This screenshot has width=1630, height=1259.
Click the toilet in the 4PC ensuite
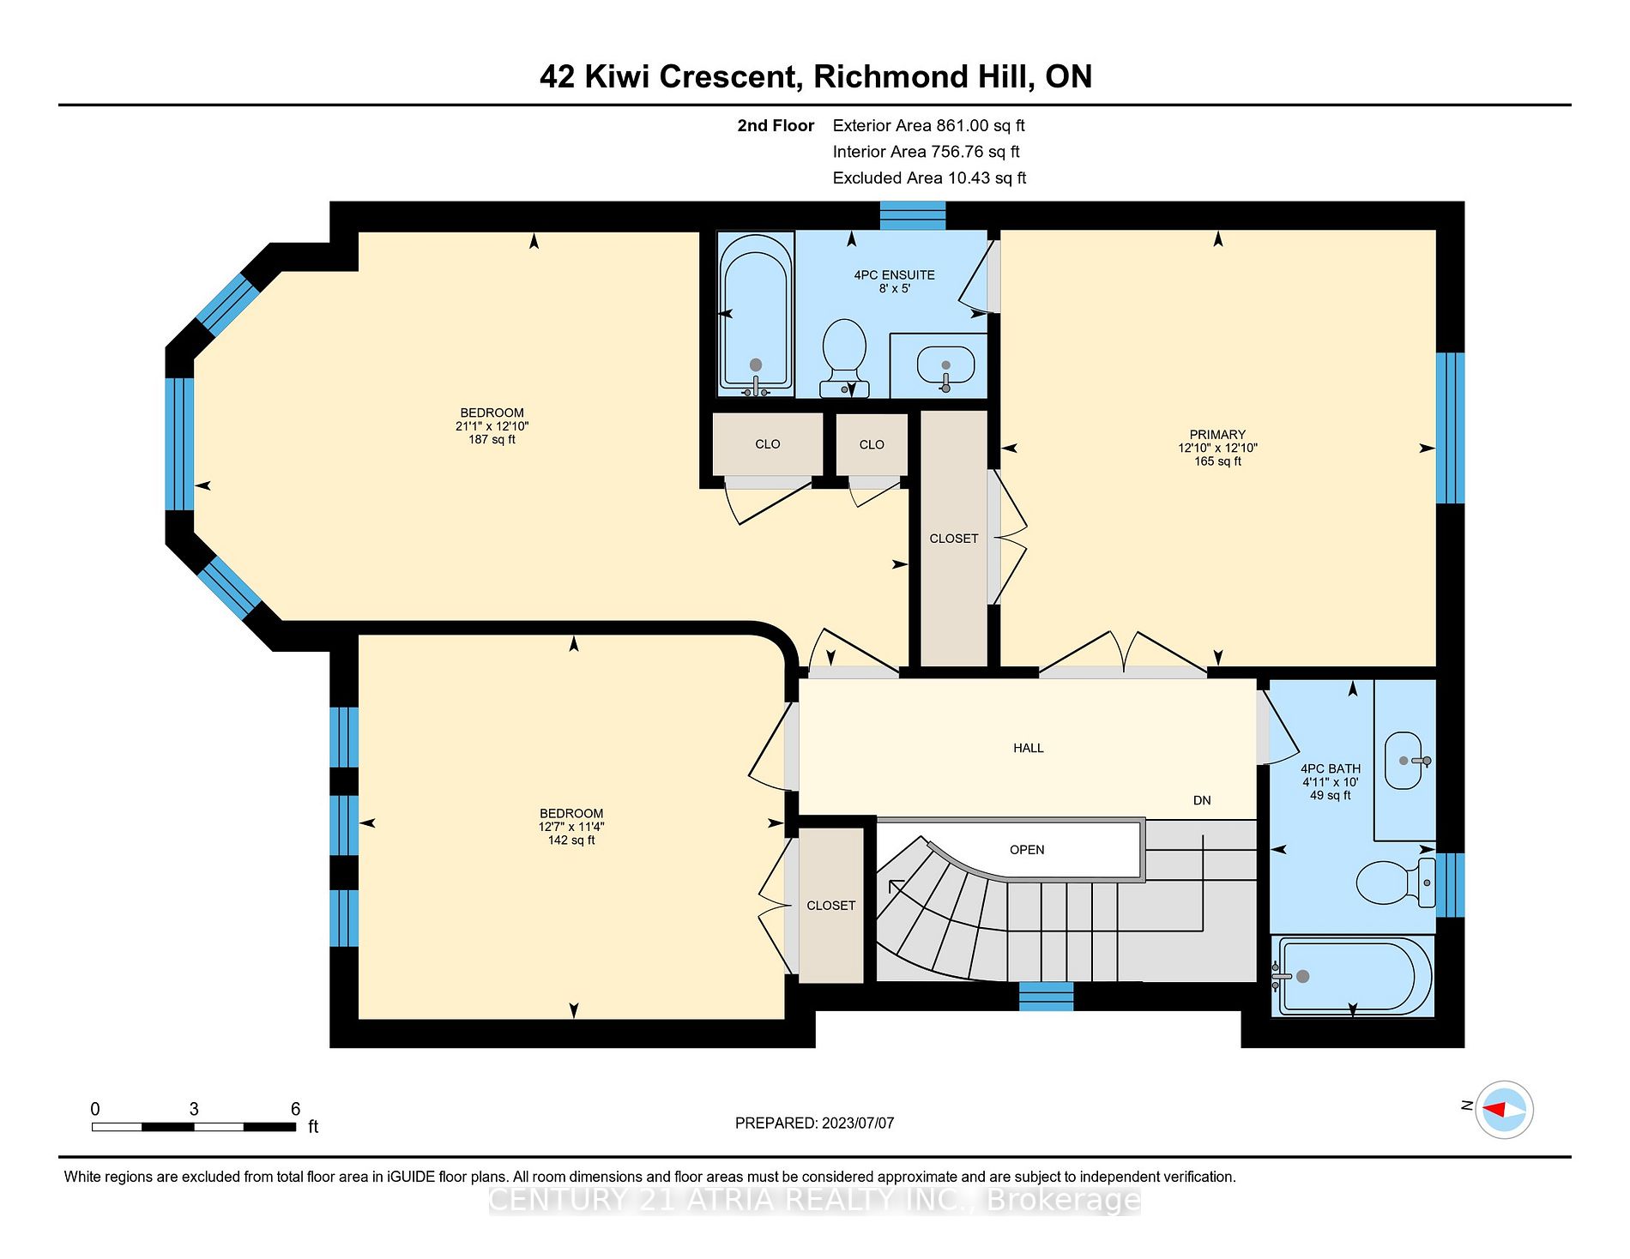pyautogui.click(x=844, y=357)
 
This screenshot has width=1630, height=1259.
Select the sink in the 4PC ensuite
pyautogui.click(x=945, y=365)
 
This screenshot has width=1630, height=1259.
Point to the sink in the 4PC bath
pyautogui.click(x=1404, y=760)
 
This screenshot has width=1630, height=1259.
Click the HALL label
pyautogui.click(x=1028, y=748)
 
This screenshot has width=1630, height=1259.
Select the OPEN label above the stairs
pyautogui.click(x=1027, y=850)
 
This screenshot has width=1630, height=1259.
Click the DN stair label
pyautogui.click(x=1202, y=800)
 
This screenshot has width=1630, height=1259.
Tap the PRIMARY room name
pyautogui.click(x=1217, y=435)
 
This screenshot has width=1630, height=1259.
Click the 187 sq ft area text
pyautogui.click(x=492, y=439)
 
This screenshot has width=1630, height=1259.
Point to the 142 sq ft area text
pyautogui.click(x=571, y=840)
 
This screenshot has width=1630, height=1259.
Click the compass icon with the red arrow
pyautogui.click(x=1505, y=1109)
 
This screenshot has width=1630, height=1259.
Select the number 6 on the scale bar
pyautogui.click(x=295, y=1109)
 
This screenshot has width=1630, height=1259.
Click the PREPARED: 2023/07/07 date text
pyautogui.click(x=814, y=1123)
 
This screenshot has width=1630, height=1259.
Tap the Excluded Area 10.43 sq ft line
pyautogui.click(x=929, y=178)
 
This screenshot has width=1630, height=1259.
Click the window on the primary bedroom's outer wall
pyautogui.click(x=1450, y=427)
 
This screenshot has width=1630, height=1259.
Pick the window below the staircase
pyautogui.click(x=1046, y=997)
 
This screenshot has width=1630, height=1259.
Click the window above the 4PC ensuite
pyautogui.click(x=913, y=215)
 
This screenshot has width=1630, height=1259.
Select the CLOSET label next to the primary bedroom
pyautogui.click(x=953, y=539)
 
